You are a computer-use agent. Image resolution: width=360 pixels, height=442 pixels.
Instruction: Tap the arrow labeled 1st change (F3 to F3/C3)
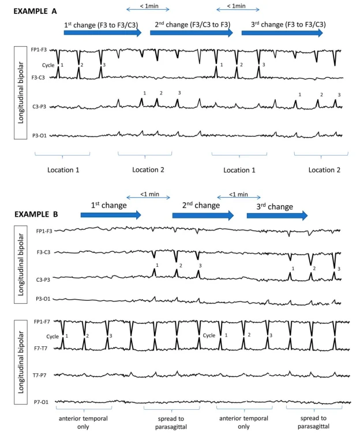102,33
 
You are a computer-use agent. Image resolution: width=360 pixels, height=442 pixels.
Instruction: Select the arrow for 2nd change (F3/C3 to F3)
191,33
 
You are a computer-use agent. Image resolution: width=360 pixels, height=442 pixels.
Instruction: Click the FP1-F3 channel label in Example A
39,50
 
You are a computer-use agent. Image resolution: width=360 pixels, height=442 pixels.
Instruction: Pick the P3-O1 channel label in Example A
40,135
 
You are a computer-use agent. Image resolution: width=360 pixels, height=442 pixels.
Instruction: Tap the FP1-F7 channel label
44,321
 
